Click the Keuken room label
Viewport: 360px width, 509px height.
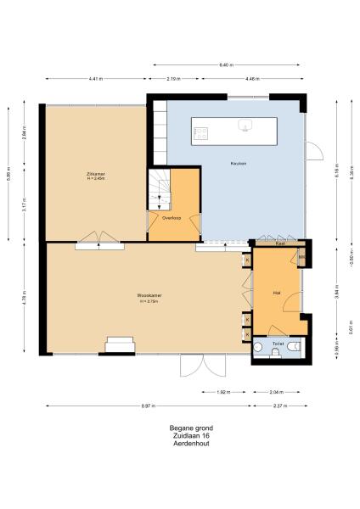pyautogui.click(x=238, y=163)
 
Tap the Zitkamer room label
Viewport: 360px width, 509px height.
pyautogui.click(x=95, y=176)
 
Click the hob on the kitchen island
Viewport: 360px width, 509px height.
pyautogui.click(x=201, y=131)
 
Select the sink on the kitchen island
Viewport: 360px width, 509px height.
pyautogui.click(x=245, y=128)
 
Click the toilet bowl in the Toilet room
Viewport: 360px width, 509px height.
pyautogui.click(x=291, y=347)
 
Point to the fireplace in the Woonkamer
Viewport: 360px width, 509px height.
pyautogui.click(x=119, y=344)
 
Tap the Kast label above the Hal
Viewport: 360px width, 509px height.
pyautogui.click(x=279, y=243)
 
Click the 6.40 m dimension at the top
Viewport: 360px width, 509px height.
pyautogui.click(x=225, y=64)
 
